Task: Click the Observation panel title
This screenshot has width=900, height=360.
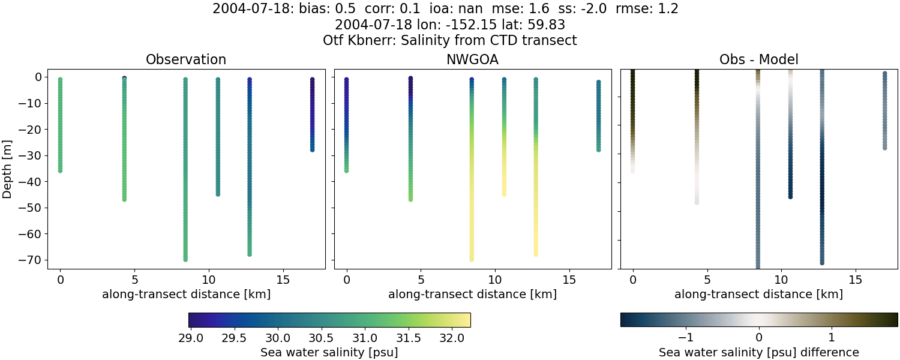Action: pos(186,59)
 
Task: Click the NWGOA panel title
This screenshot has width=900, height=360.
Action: pos(472,59)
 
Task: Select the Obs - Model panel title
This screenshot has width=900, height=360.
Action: pos(758,59)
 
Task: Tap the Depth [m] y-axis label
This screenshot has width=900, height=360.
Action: pos(8,169)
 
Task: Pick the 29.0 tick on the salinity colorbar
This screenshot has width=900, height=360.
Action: pos(191,338)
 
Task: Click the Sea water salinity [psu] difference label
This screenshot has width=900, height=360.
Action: pos(758,352)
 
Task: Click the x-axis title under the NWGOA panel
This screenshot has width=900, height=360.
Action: pos(472,294)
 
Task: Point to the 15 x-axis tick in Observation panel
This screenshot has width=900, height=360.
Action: pos(283,280)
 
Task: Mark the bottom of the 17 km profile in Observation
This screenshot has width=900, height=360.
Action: pos(312,149)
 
